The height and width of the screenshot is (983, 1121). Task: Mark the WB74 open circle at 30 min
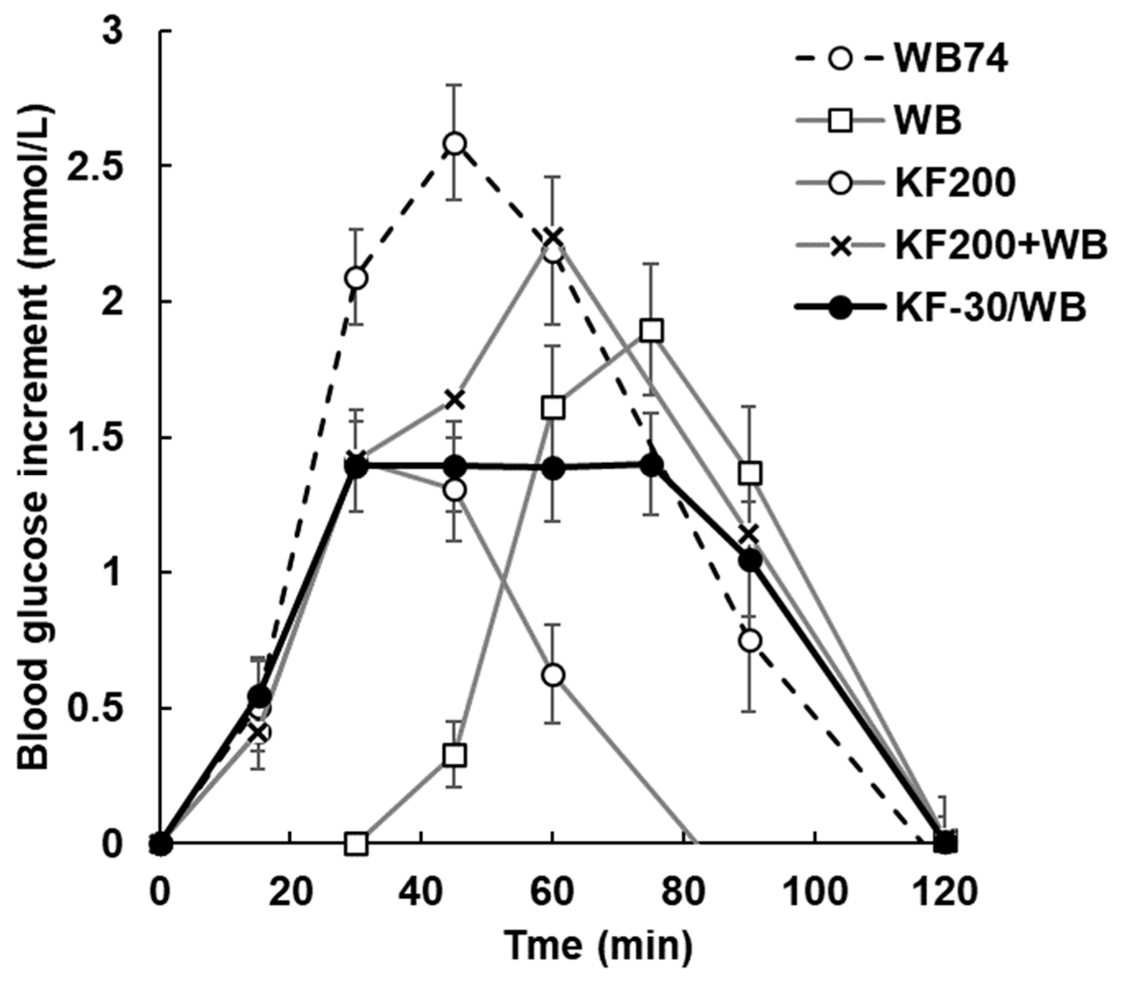point(357,279)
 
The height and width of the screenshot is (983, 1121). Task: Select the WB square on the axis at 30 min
point(357,845)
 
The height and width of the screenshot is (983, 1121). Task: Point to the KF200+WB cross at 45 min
point(455,400)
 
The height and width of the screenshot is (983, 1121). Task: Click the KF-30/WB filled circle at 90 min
point(750,560)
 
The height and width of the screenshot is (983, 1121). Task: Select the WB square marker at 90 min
point(750,474)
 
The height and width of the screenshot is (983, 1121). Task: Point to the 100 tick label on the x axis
point(815,892)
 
